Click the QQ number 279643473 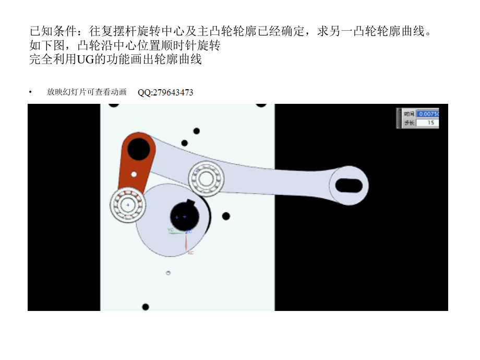point(165,93)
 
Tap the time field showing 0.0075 point(427,113)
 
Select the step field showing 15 point(427,123)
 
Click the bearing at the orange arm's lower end point(127,205)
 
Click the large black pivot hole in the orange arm point(139,149)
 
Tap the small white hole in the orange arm point(134,174)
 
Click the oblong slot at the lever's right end point(349,185)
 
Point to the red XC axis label point(190,253)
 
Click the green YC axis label point(171,230)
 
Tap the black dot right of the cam point(226,216)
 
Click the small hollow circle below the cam point(169,273)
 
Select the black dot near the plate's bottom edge point(146,307)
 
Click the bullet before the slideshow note point(31,92)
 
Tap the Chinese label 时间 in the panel point(409,113)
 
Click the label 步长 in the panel point(409,123)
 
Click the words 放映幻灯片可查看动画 point(87,92)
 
